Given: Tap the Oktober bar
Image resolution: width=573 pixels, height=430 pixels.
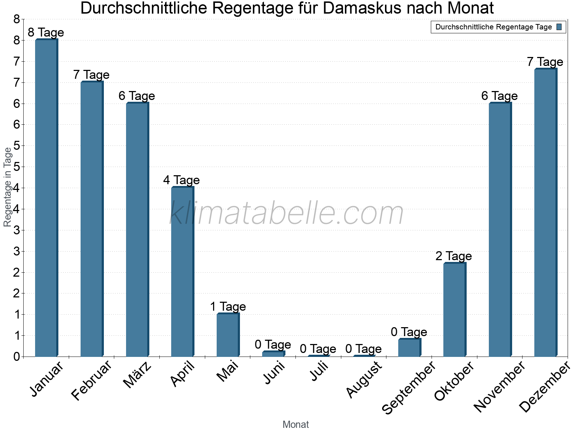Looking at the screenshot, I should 454,310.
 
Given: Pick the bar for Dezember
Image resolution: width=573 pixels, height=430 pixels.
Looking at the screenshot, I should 545,213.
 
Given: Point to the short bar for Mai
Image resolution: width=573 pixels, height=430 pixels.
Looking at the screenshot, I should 228,335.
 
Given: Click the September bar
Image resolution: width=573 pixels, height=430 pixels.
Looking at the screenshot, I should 409,348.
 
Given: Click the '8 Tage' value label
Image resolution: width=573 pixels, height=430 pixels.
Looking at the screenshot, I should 46,33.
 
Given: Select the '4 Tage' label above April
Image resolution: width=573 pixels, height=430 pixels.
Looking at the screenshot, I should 182,180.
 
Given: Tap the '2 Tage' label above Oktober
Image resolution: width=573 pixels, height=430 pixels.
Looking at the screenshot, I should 454,256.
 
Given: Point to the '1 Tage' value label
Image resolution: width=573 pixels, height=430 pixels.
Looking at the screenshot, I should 228,307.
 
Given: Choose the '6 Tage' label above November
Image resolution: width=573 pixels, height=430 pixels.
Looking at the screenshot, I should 500,96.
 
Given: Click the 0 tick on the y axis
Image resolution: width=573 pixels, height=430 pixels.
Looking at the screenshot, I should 16,357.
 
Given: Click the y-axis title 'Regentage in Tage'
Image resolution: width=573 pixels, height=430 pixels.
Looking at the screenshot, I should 8,187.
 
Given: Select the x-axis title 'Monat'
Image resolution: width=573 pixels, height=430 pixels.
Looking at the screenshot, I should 295,425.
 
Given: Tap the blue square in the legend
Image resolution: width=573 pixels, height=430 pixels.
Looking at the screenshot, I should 559,27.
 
